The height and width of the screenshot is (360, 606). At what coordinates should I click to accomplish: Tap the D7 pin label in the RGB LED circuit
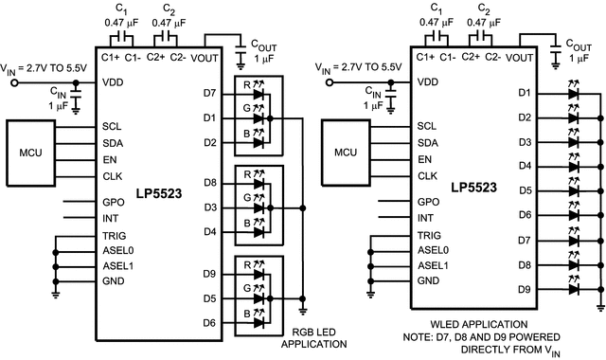(x=209, y=93)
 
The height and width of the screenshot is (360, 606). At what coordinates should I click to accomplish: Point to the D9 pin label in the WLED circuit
(x=525, y=289)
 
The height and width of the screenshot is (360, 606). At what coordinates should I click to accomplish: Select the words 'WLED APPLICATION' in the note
(x=484, y=325)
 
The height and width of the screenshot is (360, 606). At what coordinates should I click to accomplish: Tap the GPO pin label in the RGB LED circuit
(x=113, y=202)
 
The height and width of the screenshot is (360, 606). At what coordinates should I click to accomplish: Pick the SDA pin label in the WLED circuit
(x=427, y=142)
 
